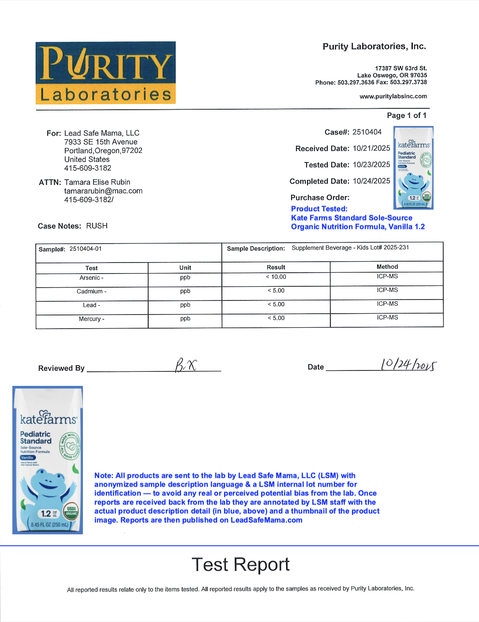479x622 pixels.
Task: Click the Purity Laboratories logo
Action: tap(105, 73)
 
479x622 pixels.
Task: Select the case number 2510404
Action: tap(367, 132)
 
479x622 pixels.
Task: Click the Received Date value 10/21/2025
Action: tap(371, 148)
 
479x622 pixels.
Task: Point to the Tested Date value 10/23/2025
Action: tap(371, 165)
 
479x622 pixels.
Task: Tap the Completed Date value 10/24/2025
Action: tap(371, 181)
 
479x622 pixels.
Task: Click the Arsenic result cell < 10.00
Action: tap(276, 277)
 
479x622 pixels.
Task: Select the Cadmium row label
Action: tap(91, 292)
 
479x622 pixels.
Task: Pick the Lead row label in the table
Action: tap(91, 305)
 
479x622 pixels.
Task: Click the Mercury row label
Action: tap(91, 319)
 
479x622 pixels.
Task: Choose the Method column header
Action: tap(387, 267)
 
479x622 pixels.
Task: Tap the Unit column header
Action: tap(185, 268)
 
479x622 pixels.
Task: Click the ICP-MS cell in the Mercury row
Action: tap(387, 318)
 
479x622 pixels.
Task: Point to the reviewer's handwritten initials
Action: tap(186, 365)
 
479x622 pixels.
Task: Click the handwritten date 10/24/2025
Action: tap(408, 365)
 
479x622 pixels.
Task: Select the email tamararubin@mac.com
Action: tap(103, 191)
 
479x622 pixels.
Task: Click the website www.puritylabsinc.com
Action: tap(393, 96)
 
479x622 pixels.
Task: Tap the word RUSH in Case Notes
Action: tap(97, 226)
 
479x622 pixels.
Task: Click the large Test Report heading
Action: tap(240, 565)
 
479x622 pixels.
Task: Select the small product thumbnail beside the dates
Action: tap(413, 168)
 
